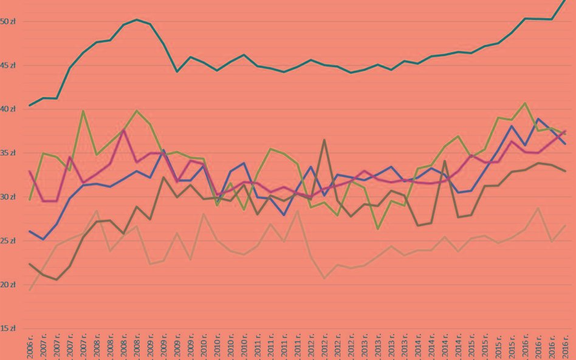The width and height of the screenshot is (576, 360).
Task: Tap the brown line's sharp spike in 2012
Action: tap(324, 140)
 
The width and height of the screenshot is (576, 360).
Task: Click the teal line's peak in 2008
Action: tap(137, 19)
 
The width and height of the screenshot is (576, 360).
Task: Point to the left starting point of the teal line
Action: tap(30, 105)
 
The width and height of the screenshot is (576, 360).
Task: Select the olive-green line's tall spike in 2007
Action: tap(83, 111)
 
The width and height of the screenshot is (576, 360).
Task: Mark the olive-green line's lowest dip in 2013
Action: tap(378, 229)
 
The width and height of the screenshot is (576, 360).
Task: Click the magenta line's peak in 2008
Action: tap(124, 130)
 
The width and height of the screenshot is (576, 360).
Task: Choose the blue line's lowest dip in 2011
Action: tap(284, 215)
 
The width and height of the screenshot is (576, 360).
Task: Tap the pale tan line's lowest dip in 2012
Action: tap(324, 278)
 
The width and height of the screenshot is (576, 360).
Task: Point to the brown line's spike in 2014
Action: tap(445, 161)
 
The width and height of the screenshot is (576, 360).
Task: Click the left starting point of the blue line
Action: tap(30, 231)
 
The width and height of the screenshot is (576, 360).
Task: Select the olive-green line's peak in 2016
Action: tap(525, 103)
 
